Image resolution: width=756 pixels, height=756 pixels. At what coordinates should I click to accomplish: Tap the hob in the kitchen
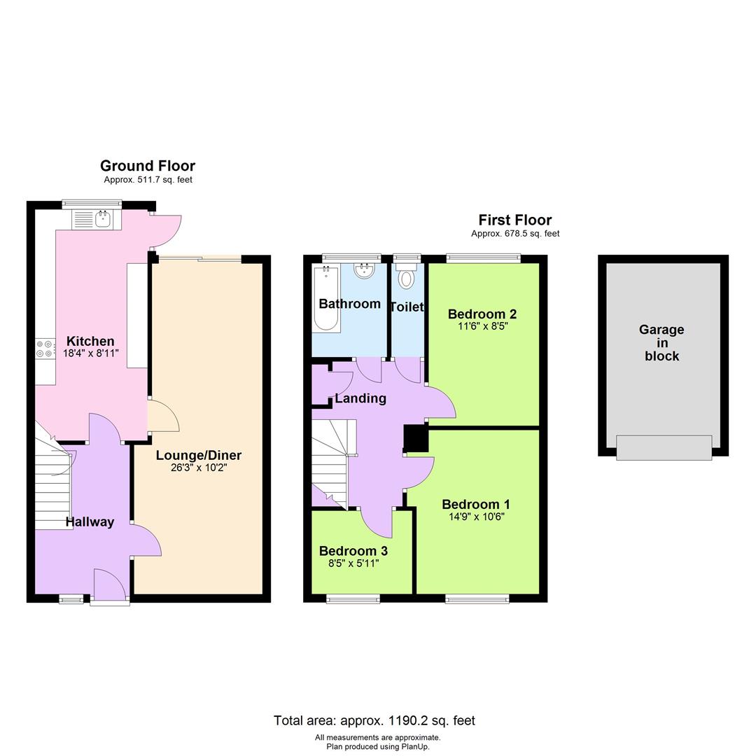45,349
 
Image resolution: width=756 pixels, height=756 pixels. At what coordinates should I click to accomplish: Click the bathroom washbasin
365,271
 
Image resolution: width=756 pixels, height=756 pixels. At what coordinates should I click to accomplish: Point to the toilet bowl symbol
406,279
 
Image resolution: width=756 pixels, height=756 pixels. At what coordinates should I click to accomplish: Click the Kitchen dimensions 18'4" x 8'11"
90,353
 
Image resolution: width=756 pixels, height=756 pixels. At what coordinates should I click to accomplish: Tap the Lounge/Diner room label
199,455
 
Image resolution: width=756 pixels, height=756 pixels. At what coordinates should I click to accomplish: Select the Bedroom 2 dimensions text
482,326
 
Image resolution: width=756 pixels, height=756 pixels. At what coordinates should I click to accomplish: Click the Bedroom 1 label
476,504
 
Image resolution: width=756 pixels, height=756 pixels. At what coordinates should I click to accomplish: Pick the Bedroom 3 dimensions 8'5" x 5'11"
353,563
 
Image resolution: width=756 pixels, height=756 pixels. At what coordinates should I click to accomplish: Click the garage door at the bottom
664,447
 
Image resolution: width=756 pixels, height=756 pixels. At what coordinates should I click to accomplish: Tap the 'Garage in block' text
661,342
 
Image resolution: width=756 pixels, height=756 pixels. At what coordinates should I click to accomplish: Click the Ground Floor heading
148,166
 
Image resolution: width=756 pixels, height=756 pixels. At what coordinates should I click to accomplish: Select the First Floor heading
515,220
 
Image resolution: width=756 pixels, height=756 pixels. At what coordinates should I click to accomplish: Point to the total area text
374,720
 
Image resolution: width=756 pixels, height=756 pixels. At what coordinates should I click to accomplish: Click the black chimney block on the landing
416,438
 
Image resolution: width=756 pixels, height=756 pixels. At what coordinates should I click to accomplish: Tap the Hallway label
90,521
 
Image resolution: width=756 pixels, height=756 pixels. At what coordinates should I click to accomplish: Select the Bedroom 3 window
353,598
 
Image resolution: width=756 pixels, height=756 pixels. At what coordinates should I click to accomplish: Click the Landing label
360,398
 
